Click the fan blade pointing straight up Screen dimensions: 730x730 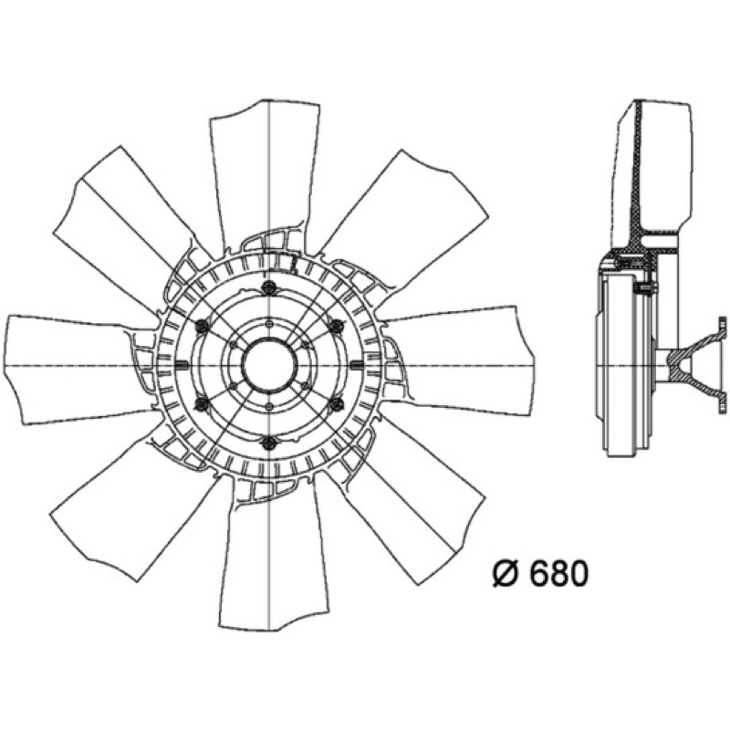pyautogui.click(x=266, y=172)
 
